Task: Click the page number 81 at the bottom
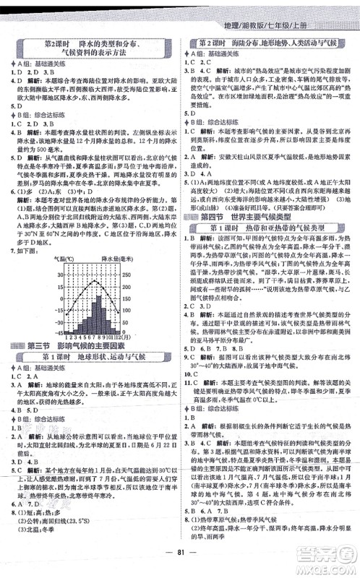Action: click(x=180, y=564)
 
